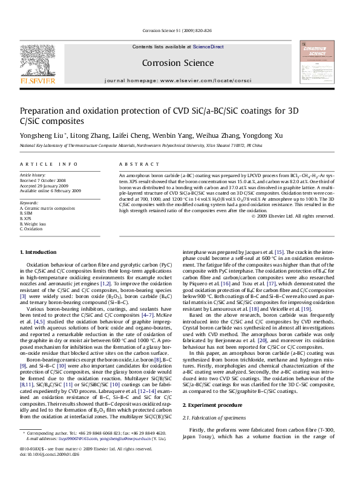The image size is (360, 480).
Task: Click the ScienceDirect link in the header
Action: (208, 47)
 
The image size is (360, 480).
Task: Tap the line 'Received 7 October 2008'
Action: (44, 180)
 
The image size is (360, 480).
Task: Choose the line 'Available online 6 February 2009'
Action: (50, 190)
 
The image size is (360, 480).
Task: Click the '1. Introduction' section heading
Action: (38, 251)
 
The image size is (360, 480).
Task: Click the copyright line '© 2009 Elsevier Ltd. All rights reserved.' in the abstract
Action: (292, 216)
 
